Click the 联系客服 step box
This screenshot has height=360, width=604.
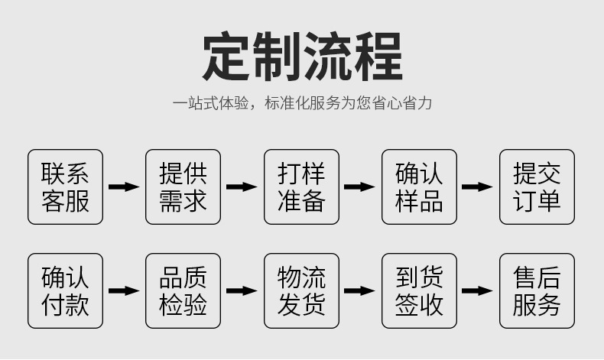click(x=65, y=186)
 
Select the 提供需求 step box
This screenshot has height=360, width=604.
click(x=183, y=186)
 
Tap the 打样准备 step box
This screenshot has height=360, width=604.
click(x=301, y=186)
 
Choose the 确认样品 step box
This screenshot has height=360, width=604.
click(x=419, y=186)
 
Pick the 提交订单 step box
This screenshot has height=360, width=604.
click(x=537, y=186)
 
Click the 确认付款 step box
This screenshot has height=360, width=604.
click(x=65, y=291)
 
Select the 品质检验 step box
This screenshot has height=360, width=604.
click(x=183, y=291)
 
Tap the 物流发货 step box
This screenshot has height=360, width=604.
click(x=301, y=291)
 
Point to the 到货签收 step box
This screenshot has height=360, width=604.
click(x=419, y=291)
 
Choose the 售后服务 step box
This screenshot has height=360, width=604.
click(x=537, y=291)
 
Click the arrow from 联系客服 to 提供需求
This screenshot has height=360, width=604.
click(x=124, y=186)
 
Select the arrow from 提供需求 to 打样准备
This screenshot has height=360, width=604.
click(x=242, y=186)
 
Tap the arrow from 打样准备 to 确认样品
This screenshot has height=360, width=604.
click(x=359, y=186)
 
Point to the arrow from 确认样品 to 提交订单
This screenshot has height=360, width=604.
click(x=478, y=186)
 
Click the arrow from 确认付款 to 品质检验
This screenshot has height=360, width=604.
click(x=124, y=291)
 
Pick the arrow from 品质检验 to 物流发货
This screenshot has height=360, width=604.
click(x=242, y=291)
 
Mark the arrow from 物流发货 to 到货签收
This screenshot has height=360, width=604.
click(x=359, y=291)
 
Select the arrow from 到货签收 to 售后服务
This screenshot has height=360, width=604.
click(x=478, y=291)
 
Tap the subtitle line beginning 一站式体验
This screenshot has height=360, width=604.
click(x=302, y=103)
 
